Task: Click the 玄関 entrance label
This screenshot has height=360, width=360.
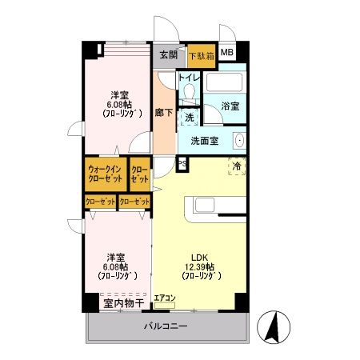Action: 168,55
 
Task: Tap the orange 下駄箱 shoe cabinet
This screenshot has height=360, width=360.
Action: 202,56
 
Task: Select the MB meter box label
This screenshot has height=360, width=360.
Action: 228,54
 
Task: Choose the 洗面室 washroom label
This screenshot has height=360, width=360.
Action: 205,142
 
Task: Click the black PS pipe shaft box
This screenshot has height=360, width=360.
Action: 182,165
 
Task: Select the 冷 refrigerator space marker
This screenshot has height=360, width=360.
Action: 237,166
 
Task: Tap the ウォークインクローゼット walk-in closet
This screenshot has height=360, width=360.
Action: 105,174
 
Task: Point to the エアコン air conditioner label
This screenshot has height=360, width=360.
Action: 166,298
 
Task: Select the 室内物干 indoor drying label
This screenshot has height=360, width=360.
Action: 122,303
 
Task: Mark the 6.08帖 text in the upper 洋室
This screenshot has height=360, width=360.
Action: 122,102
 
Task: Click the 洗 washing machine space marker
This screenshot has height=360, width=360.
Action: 189,117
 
